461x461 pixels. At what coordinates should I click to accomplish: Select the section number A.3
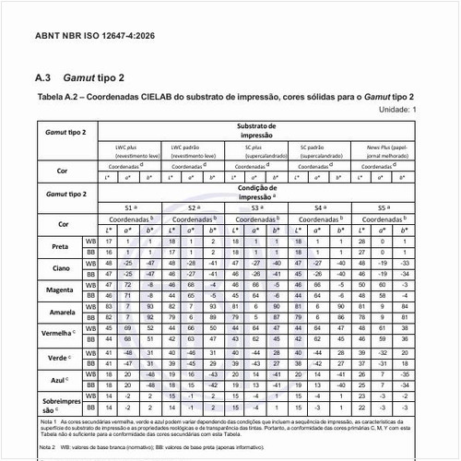click(x=42, y=80)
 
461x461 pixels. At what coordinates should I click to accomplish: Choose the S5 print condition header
click(x=394, y=209)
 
